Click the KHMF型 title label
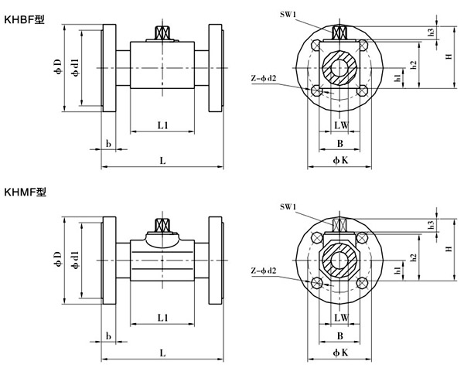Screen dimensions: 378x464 click(x=24, y=191)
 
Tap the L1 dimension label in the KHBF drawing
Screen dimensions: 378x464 click(x=163, y=124)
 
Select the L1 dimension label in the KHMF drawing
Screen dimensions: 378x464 click(x=163, y=317)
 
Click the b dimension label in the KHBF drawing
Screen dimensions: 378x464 click(x=108, y=144)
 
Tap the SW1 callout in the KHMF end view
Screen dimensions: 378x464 click(x=288, y=207)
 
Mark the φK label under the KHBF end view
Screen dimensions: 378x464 click(x=340, y=159)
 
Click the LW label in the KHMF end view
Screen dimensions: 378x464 click(x=340, y=317)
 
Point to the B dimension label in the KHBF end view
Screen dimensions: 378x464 click(x=340, y=144)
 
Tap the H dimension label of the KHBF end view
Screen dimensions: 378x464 click(x=449, y=56)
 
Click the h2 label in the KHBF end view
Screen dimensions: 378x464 click(x=415, y=65)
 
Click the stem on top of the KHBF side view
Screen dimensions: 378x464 click(x=163, y=33)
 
